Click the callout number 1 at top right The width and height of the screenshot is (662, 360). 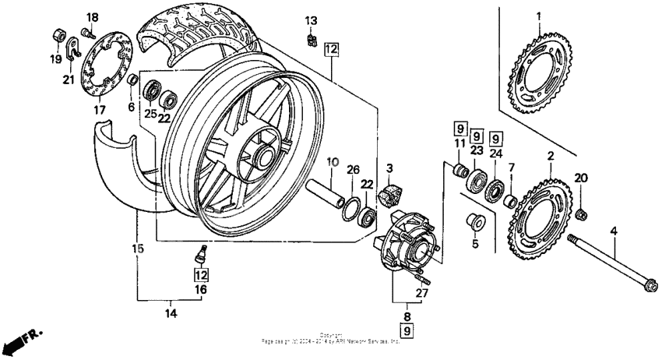coord(537,16)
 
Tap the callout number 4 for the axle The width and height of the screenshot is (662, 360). coord(613,231)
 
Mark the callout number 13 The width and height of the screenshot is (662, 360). coord(312,20)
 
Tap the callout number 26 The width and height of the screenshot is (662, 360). coord(352,171)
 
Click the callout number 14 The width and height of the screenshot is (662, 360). coord(171,314)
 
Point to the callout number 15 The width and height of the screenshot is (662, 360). coord(137,249)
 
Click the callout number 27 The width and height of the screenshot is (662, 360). coord(421,294)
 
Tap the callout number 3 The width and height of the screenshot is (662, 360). coord(389,168)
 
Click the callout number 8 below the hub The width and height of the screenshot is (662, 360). coord(407,316)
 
